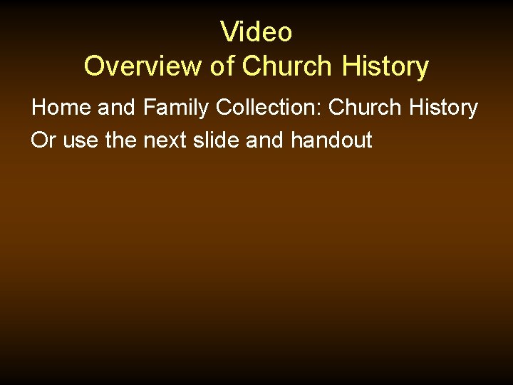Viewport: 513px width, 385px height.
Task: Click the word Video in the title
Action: [x=256, y=32]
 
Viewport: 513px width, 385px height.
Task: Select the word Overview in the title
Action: [x=143, y=66]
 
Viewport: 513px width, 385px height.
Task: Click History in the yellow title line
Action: [x=385, y=66]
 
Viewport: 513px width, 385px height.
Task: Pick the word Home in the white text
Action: [x=61, y=108]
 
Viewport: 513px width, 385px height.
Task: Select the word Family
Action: [x=176, y=108]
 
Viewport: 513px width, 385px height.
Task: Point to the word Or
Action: [x=43, y=140]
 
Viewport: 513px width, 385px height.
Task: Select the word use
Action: [x=81, y=141]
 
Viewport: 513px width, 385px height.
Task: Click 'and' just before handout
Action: [x=265, y=140]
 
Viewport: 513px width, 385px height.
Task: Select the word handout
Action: [x=331, y=140]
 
